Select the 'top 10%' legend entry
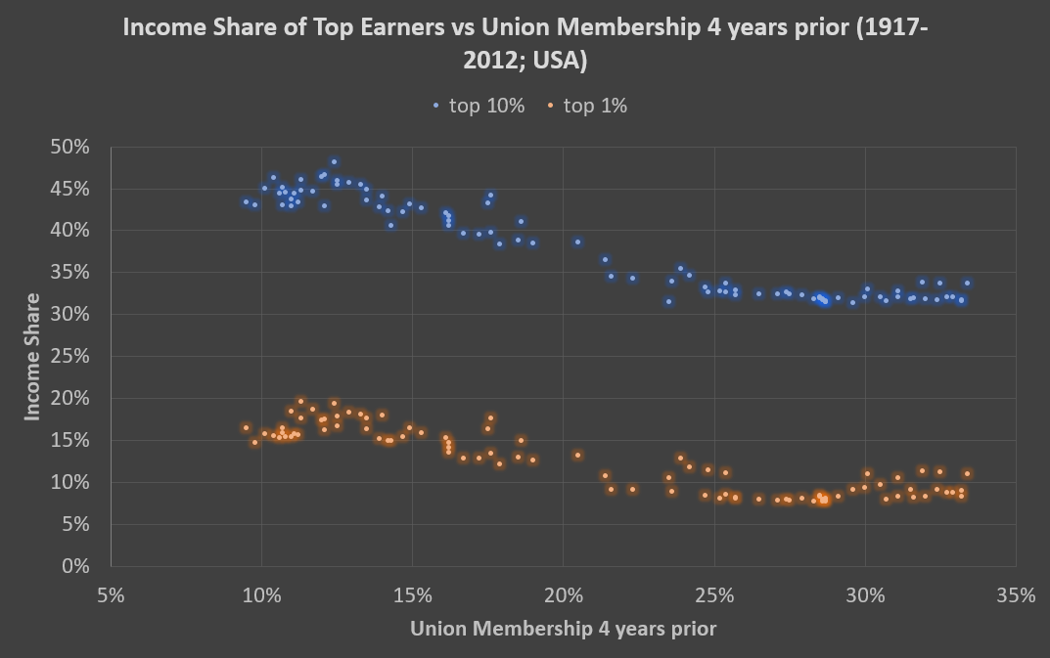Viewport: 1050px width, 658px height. [x=478, y=107]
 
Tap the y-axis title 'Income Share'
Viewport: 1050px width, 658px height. [x=32, y=357]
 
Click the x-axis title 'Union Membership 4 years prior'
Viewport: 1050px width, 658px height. [x=563, y=629]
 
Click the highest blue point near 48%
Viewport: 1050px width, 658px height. [x=334, y=162]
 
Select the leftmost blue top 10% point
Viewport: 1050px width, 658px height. [x=246, y=202]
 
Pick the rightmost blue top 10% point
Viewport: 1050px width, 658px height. [x=967, y=283]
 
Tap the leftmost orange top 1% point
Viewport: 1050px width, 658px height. [x=246, y=427]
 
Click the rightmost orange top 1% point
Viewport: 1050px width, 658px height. [x=967, y=474]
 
